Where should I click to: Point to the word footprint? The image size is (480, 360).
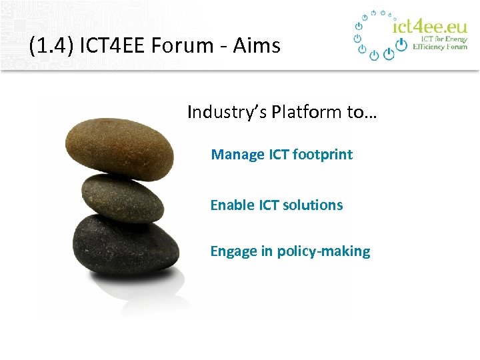tap(323, 155)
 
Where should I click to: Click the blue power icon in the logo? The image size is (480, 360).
tap(401, 44)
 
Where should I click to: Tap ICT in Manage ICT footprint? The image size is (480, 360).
tap(279, 155)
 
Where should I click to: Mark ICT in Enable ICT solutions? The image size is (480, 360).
tap(269, 205)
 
